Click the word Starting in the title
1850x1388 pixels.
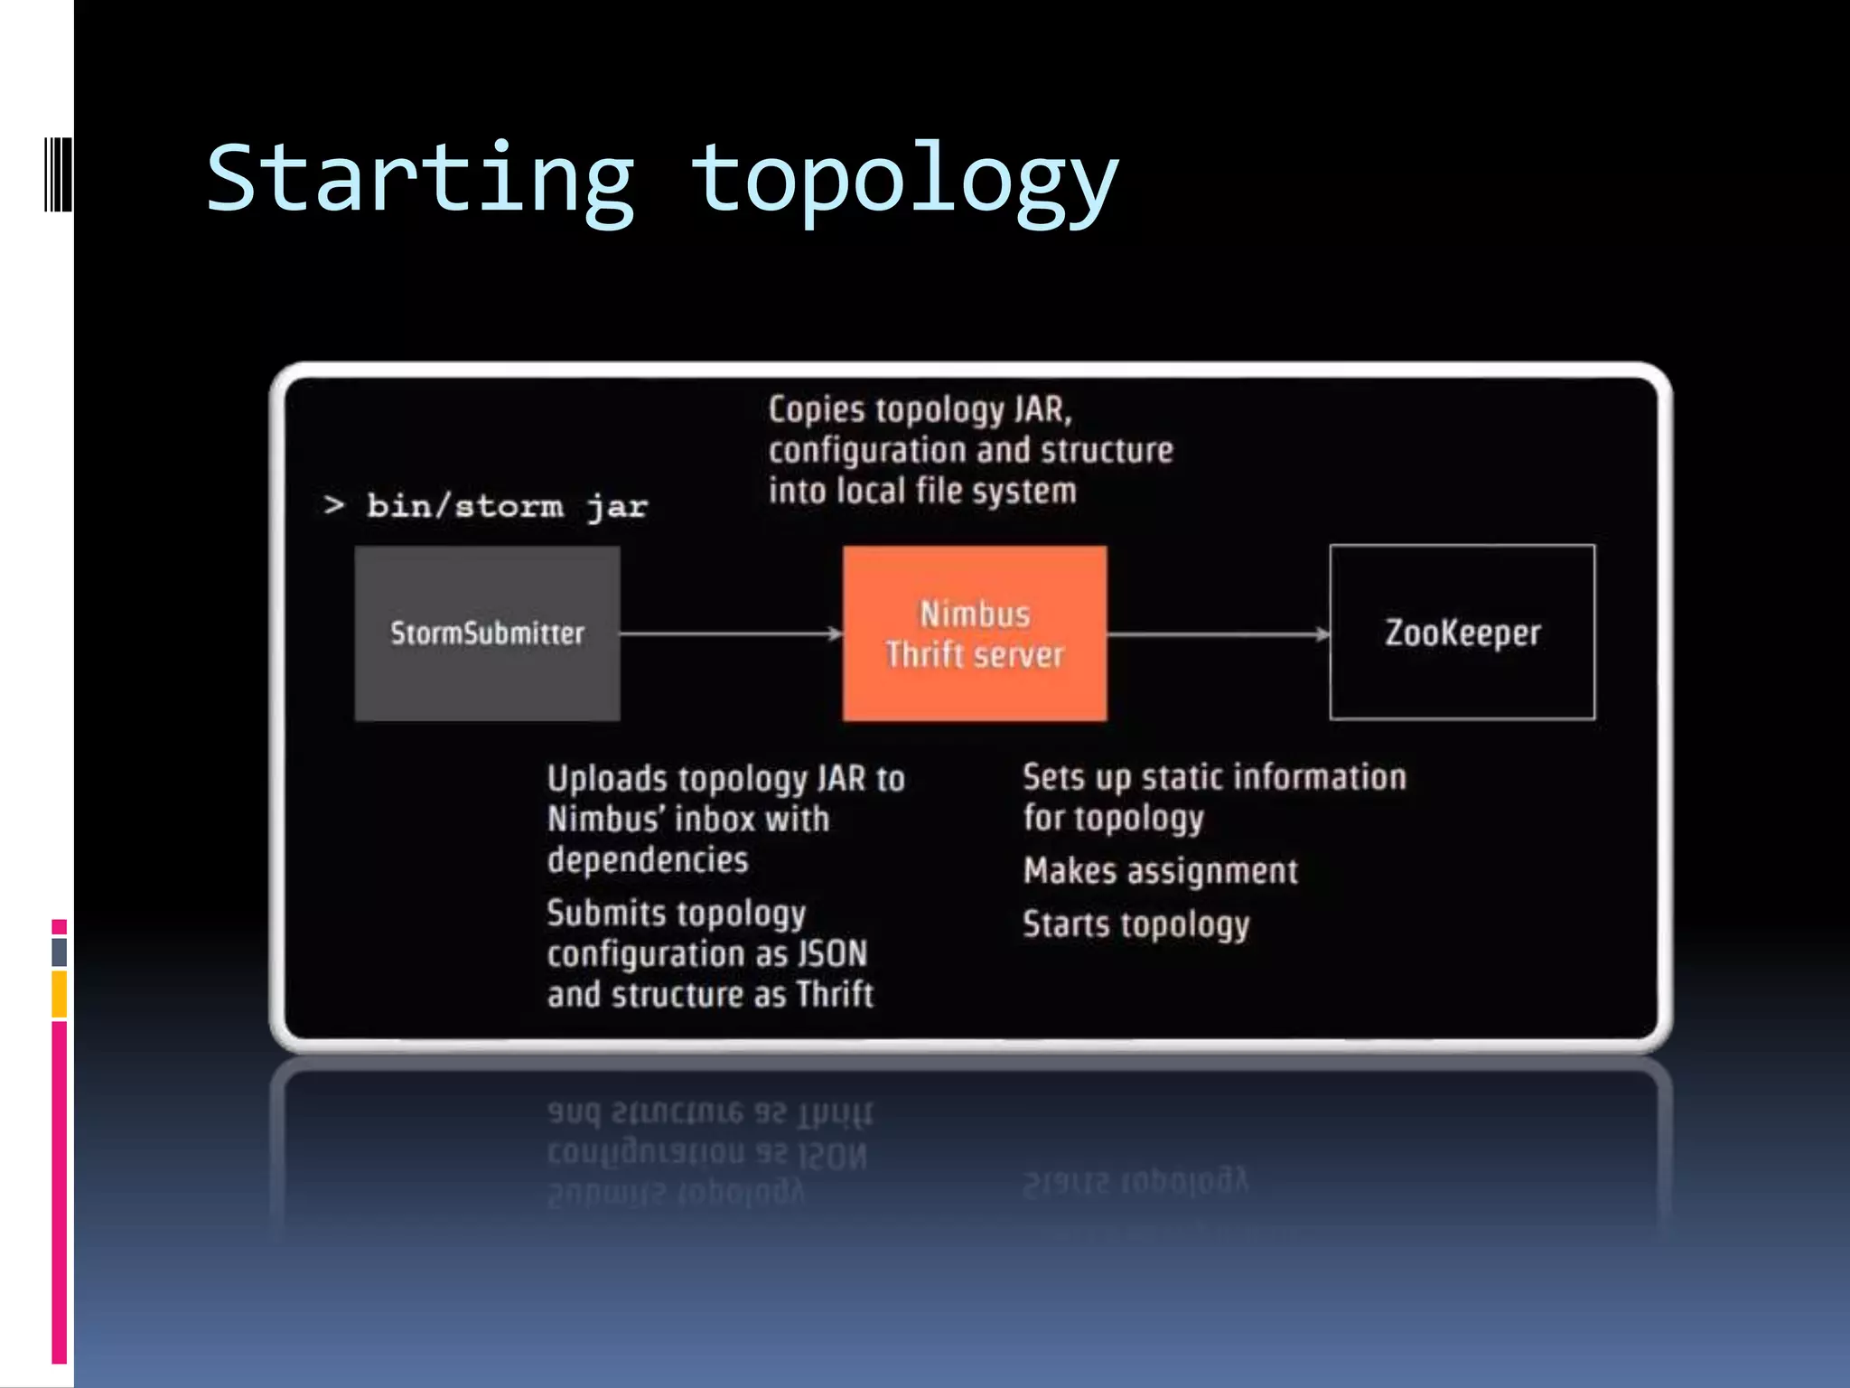tap(420, 178)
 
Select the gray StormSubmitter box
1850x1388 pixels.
tap(487, 633)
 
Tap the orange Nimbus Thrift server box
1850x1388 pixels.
tap(974, 633)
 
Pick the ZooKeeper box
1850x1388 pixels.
tap(1462, 633)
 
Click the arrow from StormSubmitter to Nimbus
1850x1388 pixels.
tap(730, 633)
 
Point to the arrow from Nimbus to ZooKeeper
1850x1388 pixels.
tap(1217, 634)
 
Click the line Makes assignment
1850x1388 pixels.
tap(1160, 871)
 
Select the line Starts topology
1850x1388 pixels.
tap(1135, 924)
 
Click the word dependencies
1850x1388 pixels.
tap(648, 859)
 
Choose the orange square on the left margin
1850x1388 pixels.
tap(59, 994)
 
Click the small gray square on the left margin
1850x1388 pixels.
tap(59, 952)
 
